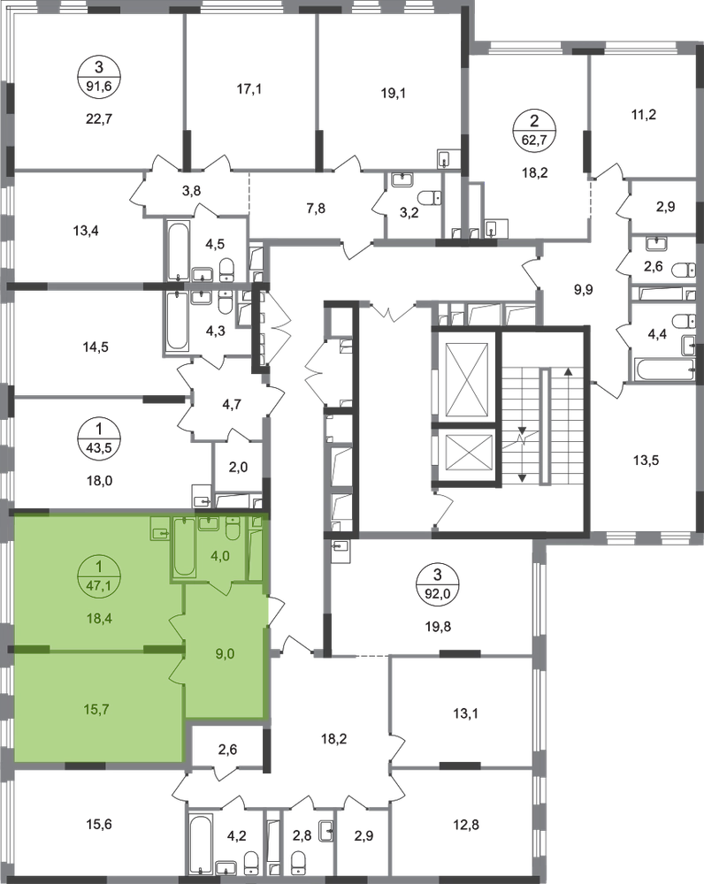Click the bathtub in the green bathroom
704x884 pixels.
(x=185, y=547)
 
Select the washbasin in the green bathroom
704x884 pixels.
(x=210, y=524)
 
